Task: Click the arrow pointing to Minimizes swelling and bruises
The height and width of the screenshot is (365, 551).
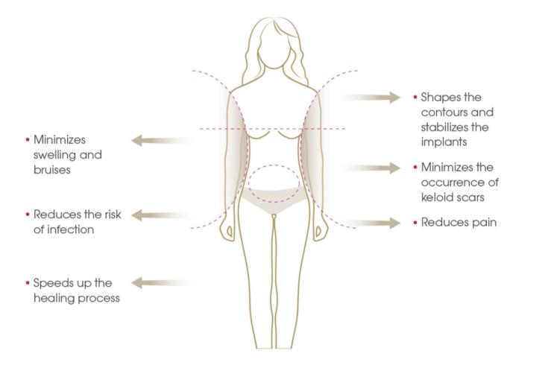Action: point(163,140)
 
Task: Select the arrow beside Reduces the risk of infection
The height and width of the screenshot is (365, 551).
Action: point(163,215)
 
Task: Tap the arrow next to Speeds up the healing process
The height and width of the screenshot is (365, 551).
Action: point(162,283)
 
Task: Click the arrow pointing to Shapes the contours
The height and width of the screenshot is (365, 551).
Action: point(369,98)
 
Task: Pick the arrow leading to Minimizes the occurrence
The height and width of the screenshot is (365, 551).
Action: point(369,168)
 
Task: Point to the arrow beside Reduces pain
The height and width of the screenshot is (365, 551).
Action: point(369,223)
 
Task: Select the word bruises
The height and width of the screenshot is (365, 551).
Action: point(52,170)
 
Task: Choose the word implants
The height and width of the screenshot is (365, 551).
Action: point(444,142)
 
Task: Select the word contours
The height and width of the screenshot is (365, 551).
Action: point(441,112)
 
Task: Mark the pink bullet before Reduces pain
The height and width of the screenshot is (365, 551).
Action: point(415,223)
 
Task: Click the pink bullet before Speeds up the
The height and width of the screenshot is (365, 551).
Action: point(28,283)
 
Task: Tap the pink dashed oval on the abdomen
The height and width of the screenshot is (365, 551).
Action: point(274,165)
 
